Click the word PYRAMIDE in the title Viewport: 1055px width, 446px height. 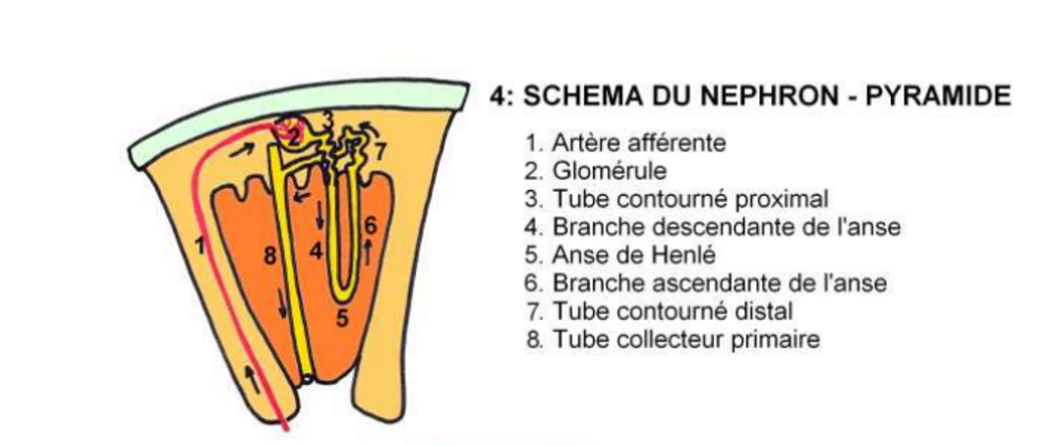[x=938, y=96]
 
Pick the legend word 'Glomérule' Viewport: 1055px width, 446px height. [x=610, y=171]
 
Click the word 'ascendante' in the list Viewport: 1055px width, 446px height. [x=709, y=283]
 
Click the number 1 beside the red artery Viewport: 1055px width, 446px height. [x=201, y=246]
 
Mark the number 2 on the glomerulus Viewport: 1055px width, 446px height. [x=294, y=138]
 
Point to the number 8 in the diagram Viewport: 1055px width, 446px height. [x=270, y=256]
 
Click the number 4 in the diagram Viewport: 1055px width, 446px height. [x=317, y=252]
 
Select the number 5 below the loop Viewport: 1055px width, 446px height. [x=343, y=317]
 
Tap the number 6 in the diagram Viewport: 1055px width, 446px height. [x=370, y=226]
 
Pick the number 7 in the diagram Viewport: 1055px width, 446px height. [x=381, y=153]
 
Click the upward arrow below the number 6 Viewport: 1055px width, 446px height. [x=368, y=253]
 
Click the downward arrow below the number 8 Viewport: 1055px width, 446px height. [x=282, y=306]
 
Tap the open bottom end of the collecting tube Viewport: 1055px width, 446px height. [x=307, y=379]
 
